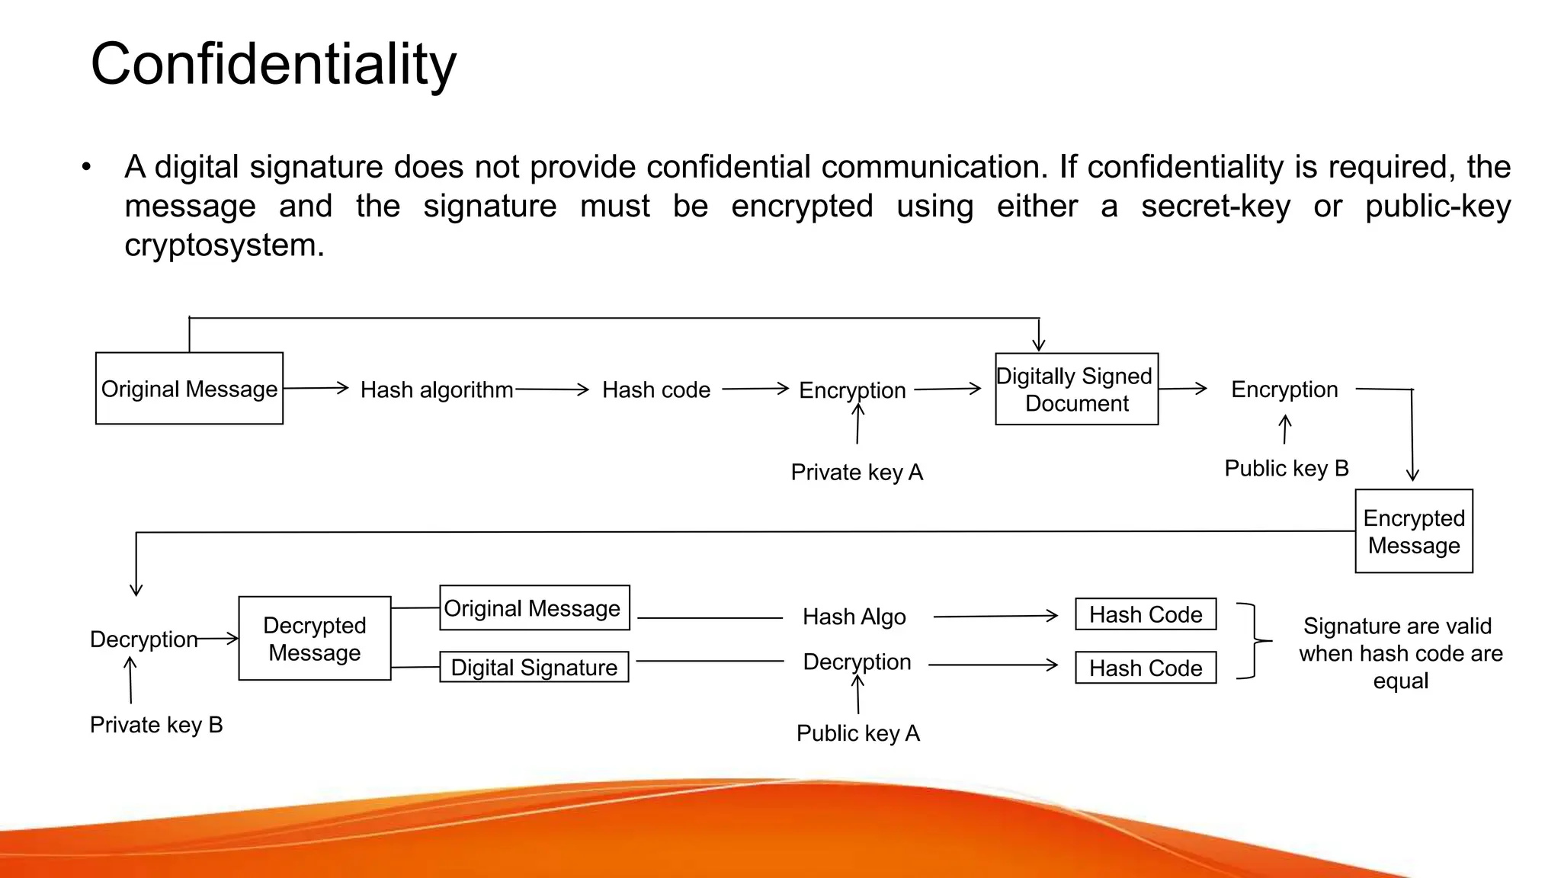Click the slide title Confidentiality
[273, 64]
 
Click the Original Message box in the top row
[189, 389]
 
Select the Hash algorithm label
[436, 390]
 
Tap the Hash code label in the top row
[655, 390]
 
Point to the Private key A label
[857, 473]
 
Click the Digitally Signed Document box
[1076, 389]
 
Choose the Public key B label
[1286, 468]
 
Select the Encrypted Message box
[1413, 531]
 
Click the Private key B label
[156, 725]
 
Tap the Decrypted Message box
[314, 639]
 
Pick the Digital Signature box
[534, 668]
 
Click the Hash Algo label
[854, 617]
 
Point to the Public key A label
[857, 733]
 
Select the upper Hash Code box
[1145, 614]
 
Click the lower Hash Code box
[1145, 668]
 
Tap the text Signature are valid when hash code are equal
[1400, 653]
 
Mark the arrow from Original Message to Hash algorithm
[316, 389]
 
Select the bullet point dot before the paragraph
[87, 167]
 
